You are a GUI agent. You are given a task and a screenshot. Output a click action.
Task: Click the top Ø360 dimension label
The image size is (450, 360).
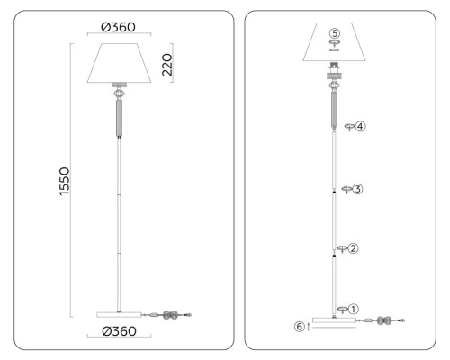tap(119, 26)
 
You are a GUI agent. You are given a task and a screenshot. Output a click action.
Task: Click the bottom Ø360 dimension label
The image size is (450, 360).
tap(119, 332)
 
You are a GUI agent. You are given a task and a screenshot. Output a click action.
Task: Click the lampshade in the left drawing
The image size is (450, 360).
tap(119, 63)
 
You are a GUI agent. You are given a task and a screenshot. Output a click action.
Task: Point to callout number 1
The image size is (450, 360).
tap(354, 309)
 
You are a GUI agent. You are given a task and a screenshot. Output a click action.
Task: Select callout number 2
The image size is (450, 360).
tap(354, 247)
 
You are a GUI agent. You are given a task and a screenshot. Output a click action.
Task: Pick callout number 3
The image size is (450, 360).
tap(358, 189)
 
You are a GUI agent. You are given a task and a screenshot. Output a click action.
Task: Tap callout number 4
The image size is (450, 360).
tap(360, 127)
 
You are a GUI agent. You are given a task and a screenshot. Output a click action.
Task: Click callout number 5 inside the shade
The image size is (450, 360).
tap(334, 33)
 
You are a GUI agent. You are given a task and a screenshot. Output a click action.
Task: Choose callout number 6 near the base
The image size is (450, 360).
tap(299, 326)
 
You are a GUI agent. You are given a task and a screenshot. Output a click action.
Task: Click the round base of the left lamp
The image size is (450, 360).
tap(119, 313)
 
